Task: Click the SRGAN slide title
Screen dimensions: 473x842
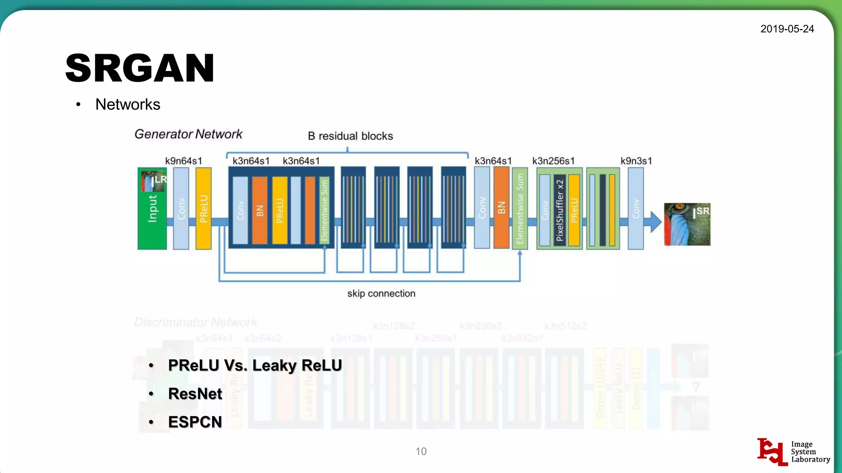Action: point(140,68)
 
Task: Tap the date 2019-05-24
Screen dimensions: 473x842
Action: point(787,29)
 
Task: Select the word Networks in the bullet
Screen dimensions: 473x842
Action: point(127,104)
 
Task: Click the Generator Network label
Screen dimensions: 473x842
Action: point(188,134)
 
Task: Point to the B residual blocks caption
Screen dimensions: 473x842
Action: point(350,136)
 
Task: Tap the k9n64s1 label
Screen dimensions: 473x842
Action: point(183,161)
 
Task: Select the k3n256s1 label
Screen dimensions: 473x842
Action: point(553,161)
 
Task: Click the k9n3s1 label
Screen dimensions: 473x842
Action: point(636,161)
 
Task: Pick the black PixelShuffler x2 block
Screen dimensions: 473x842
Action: point(560,210)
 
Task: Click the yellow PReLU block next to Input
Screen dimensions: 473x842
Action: point(204,209)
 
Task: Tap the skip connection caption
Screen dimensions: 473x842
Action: point(381,294)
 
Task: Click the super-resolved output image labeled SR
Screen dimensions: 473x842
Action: point(687,224)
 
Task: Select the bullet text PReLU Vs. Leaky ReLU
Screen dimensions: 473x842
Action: point(255,365)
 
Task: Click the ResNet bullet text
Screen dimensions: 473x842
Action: point(195,394)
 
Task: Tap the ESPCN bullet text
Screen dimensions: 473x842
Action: point(195,422)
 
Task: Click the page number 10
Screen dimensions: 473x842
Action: point(421,451)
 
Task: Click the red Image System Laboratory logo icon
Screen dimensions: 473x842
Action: point(772,452)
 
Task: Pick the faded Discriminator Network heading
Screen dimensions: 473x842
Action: point(196,322)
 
